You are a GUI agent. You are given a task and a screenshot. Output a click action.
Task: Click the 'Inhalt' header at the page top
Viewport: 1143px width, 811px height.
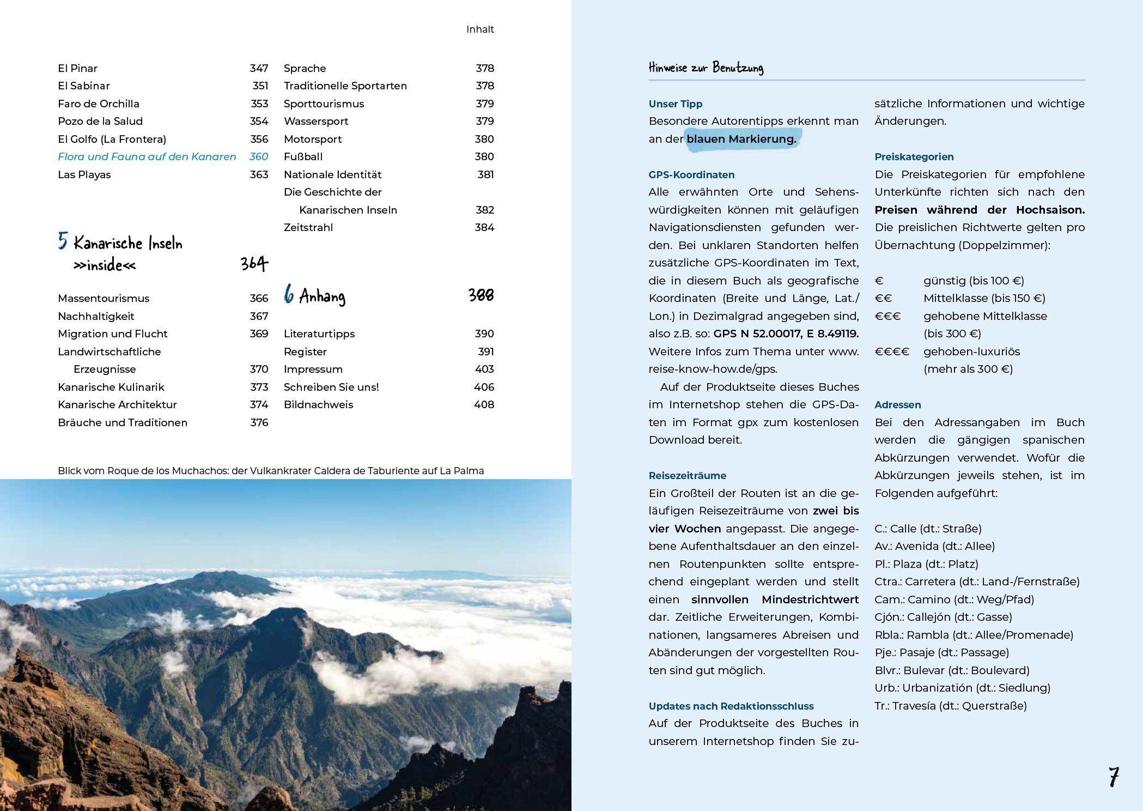(x=479, y=29)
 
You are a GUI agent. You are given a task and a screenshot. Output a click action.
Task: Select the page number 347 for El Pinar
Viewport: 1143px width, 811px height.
(x=259, y=68)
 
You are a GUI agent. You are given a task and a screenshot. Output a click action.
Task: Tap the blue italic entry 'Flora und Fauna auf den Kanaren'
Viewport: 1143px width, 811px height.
(x=147, y=157)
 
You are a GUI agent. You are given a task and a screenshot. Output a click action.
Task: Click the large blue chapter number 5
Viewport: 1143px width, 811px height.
(x=63, y=241)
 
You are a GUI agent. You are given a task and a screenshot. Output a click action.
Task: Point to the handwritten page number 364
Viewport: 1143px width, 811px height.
(x=254, y=264)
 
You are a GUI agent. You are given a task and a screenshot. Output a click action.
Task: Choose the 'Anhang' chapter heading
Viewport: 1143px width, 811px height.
(x=322, y=296)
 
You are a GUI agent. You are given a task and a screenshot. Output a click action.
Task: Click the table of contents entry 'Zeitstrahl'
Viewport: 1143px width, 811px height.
(x=308, y=228)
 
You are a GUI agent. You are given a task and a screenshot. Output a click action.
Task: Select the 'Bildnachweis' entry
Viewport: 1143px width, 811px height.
(x=318, y=405)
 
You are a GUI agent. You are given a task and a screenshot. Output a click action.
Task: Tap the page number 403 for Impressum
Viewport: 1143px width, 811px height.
(x=484, y=370)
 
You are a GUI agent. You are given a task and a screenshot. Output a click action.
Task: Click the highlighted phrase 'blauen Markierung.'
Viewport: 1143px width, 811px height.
(x=741, y=139)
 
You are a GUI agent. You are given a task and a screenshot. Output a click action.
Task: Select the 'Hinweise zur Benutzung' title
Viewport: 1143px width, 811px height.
(x=706, y=68)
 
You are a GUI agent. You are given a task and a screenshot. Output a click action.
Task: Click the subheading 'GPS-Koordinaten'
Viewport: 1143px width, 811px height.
(x=691, y=175)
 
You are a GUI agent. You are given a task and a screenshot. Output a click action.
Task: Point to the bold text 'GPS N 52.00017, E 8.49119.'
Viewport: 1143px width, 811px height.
(x=786, y=334)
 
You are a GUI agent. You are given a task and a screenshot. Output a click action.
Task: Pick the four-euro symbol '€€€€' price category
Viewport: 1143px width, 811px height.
(x=892, y=352)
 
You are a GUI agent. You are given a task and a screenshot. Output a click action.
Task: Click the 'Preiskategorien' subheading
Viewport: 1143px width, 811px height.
(x=914, y=157)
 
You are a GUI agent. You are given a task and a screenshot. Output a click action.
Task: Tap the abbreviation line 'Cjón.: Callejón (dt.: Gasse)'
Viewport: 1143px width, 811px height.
(x=943, y=618)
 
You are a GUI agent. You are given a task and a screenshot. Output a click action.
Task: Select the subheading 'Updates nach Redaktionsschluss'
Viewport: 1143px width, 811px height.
(x=731, y=706)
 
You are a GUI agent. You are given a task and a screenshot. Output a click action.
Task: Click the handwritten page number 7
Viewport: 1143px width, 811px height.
(x=1113, y=777)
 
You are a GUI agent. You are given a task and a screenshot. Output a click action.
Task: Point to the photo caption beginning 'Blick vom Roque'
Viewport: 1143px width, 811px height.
(x=270, y=471)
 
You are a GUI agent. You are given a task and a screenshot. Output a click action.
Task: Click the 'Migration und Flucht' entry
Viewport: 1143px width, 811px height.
(x=112, y=334)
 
